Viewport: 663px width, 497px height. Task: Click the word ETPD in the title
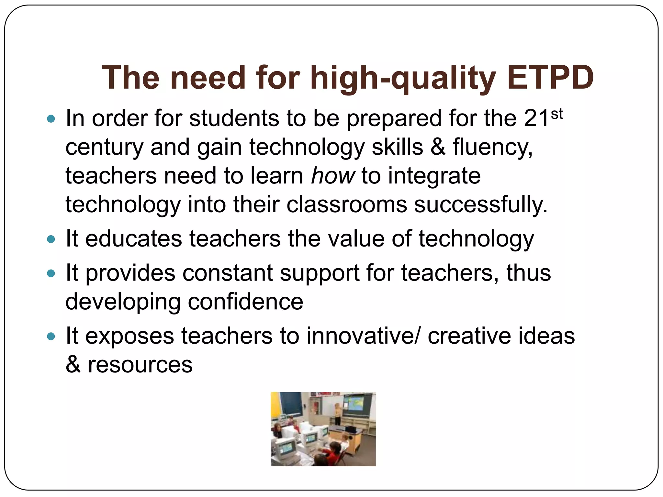coord(550,78)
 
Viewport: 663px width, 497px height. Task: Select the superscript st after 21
coord(556,114)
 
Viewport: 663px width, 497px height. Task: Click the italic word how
coord(333,176)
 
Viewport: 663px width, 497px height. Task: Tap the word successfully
coord(481,204)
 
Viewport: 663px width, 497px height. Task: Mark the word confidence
coord(245,302)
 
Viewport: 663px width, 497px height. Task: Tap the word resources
coord(140,365)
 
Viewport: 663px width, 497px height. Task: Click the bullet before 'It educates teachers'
coord(51,239)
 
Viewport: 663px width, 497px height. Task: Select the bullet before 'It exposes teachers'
coord(51,337)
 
